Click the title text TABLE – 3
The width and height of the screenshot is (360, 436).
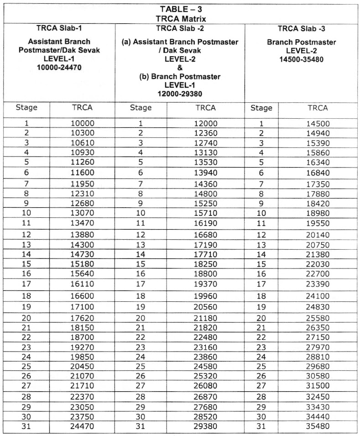point(180,9)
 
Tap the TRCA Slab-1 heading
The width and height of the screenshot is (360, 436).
point(59,27)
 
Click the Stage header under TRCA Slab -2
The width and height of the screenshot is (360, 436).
point(141,108)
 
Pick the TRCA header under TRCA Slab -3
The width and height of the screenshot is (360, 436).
point(318,108)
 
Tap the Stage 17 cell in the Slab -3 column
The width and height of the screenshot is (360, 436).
point(261,284)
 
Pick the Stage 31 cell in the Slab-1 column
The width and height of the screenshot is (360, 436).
point(26,427)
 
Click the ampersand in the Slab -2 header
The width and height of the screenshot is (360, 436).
point(180,68)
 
